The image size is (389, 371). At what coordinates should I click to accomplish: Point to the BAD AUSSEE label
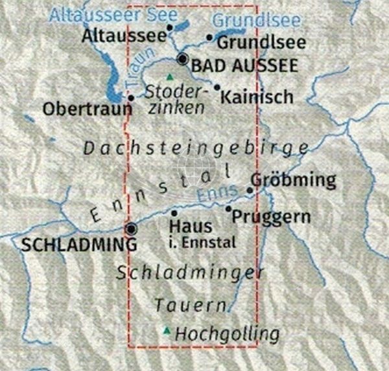(x=245, y=65)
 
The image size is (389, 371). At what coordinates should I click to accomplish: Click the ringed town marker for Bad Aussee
(x=183, y=60)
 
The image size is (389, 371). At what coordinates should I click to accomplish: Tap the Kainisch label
(x=257, y=97)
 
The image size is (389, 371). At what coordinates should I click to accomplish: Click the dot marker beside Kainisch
(x=217, y=87)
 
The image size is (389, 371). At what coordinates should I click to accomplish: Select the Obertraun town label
(x=87, y=109)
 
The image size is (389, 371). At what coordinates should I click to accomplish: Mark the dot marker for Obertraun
(x=131, y=98)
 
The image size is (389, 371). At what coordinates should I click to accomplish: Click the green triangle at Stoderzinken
(x=170, y=77)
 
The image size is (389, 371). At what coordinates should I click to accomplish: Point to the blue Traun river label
(x=134, y=69)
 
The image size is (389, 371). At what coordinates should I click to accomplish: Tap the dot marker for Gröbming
(x=250, y=190)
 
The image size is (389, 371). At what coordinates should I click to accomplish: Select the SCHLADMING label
(x=79, y=245)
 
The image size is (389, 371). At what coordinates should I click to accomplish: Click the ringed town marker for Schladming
(x=132, y=229)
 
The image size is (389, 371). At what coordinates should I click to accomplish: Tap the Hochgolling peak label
(x=228, y=335)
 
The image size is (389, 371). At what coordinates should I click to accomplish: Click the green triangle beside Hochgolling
(x=167, y=332)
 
